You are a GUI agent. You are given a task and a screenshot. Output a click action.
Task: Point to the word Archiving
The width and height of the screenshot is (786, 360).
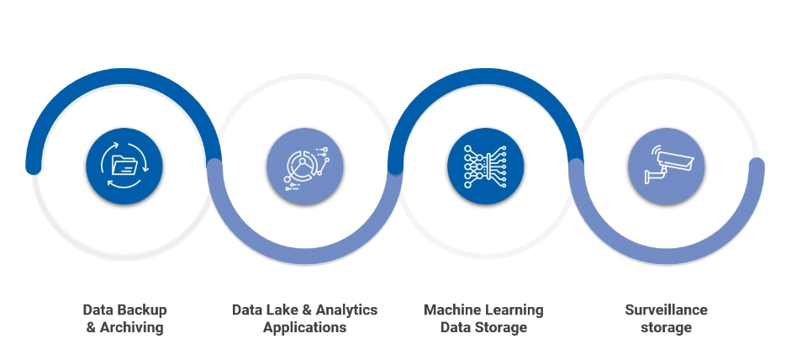[x=132, y=327]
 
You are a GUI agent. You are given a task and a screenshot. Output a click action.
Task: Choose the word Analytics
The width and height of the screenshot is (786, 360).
[x=346, y=310]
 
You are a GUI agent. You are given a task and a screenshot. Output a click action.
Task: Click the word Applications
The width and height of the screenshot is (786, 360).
[x=304, y=327]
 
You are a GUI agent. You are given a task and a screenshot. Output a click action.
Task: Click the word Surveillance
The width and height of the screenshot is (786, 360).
[x=666, y=310]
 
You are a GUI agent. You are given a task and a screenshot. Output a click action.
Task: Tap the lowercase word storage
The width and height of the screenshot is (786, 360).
[x=666, y=327]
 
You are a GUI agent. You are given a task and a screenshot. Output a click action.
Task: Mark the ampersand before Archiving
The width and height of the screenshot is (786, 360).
[x=92, y=327]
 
